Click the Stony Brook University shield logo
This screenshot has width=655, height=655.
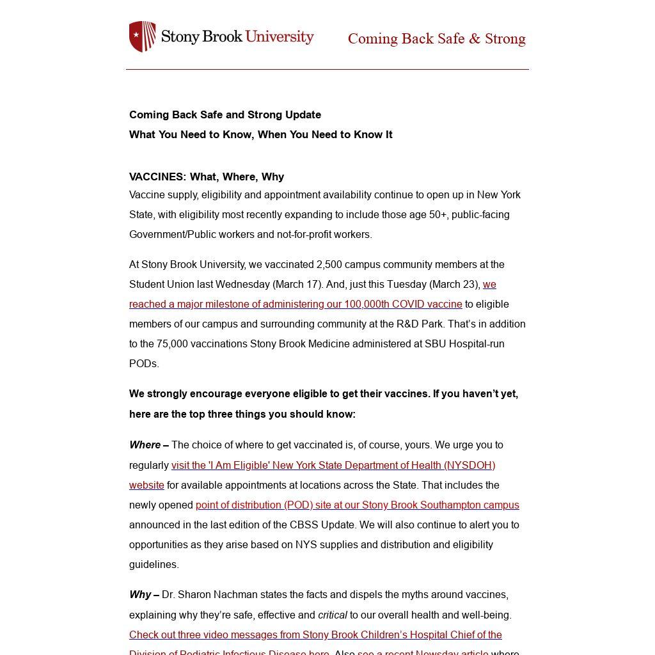pos(142,36)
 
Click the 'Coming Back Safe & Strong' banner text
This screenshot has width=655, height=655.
pos(436,39)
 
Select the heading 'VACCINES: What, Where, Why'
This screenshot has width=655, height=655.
pos(206,177)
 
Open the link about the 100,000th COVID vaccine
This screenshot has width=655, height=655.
pos(295,304)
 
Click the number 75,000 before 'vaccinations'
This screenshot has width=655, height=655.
pos(172,343)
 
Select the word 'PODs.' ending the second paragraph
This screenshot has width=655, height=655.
pos(144,363)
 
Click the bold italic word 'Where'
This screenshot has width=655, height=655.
pos(145,445)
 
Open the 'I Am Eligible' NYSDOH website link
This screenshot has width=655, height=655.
pos(333,465)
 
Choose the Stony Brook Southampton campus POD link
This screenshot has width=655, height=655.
pos(357,505)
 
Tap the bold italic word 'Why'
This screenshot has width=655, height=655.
pos(140,594)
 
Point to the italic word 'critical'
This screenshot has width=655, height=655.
pos(333,615)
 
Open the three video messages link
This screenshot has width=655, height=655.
pos(315,635)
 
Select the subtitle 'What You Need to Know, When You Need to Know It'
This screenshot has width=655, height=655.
pos(260,134)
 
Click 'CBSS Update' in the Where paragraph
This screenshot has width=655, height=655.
pos(323,525)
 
